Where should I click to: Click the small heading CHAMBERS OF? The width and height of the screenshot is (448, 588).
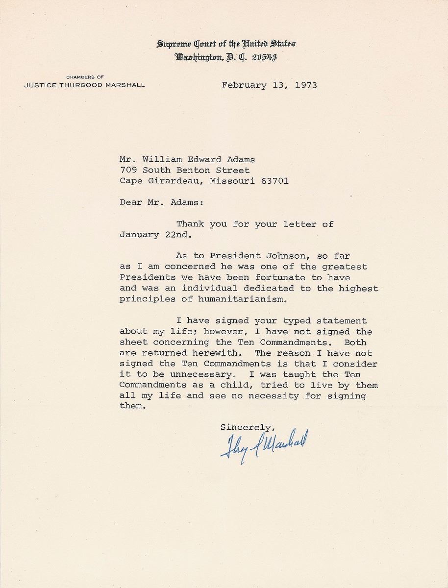(83, 76)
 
